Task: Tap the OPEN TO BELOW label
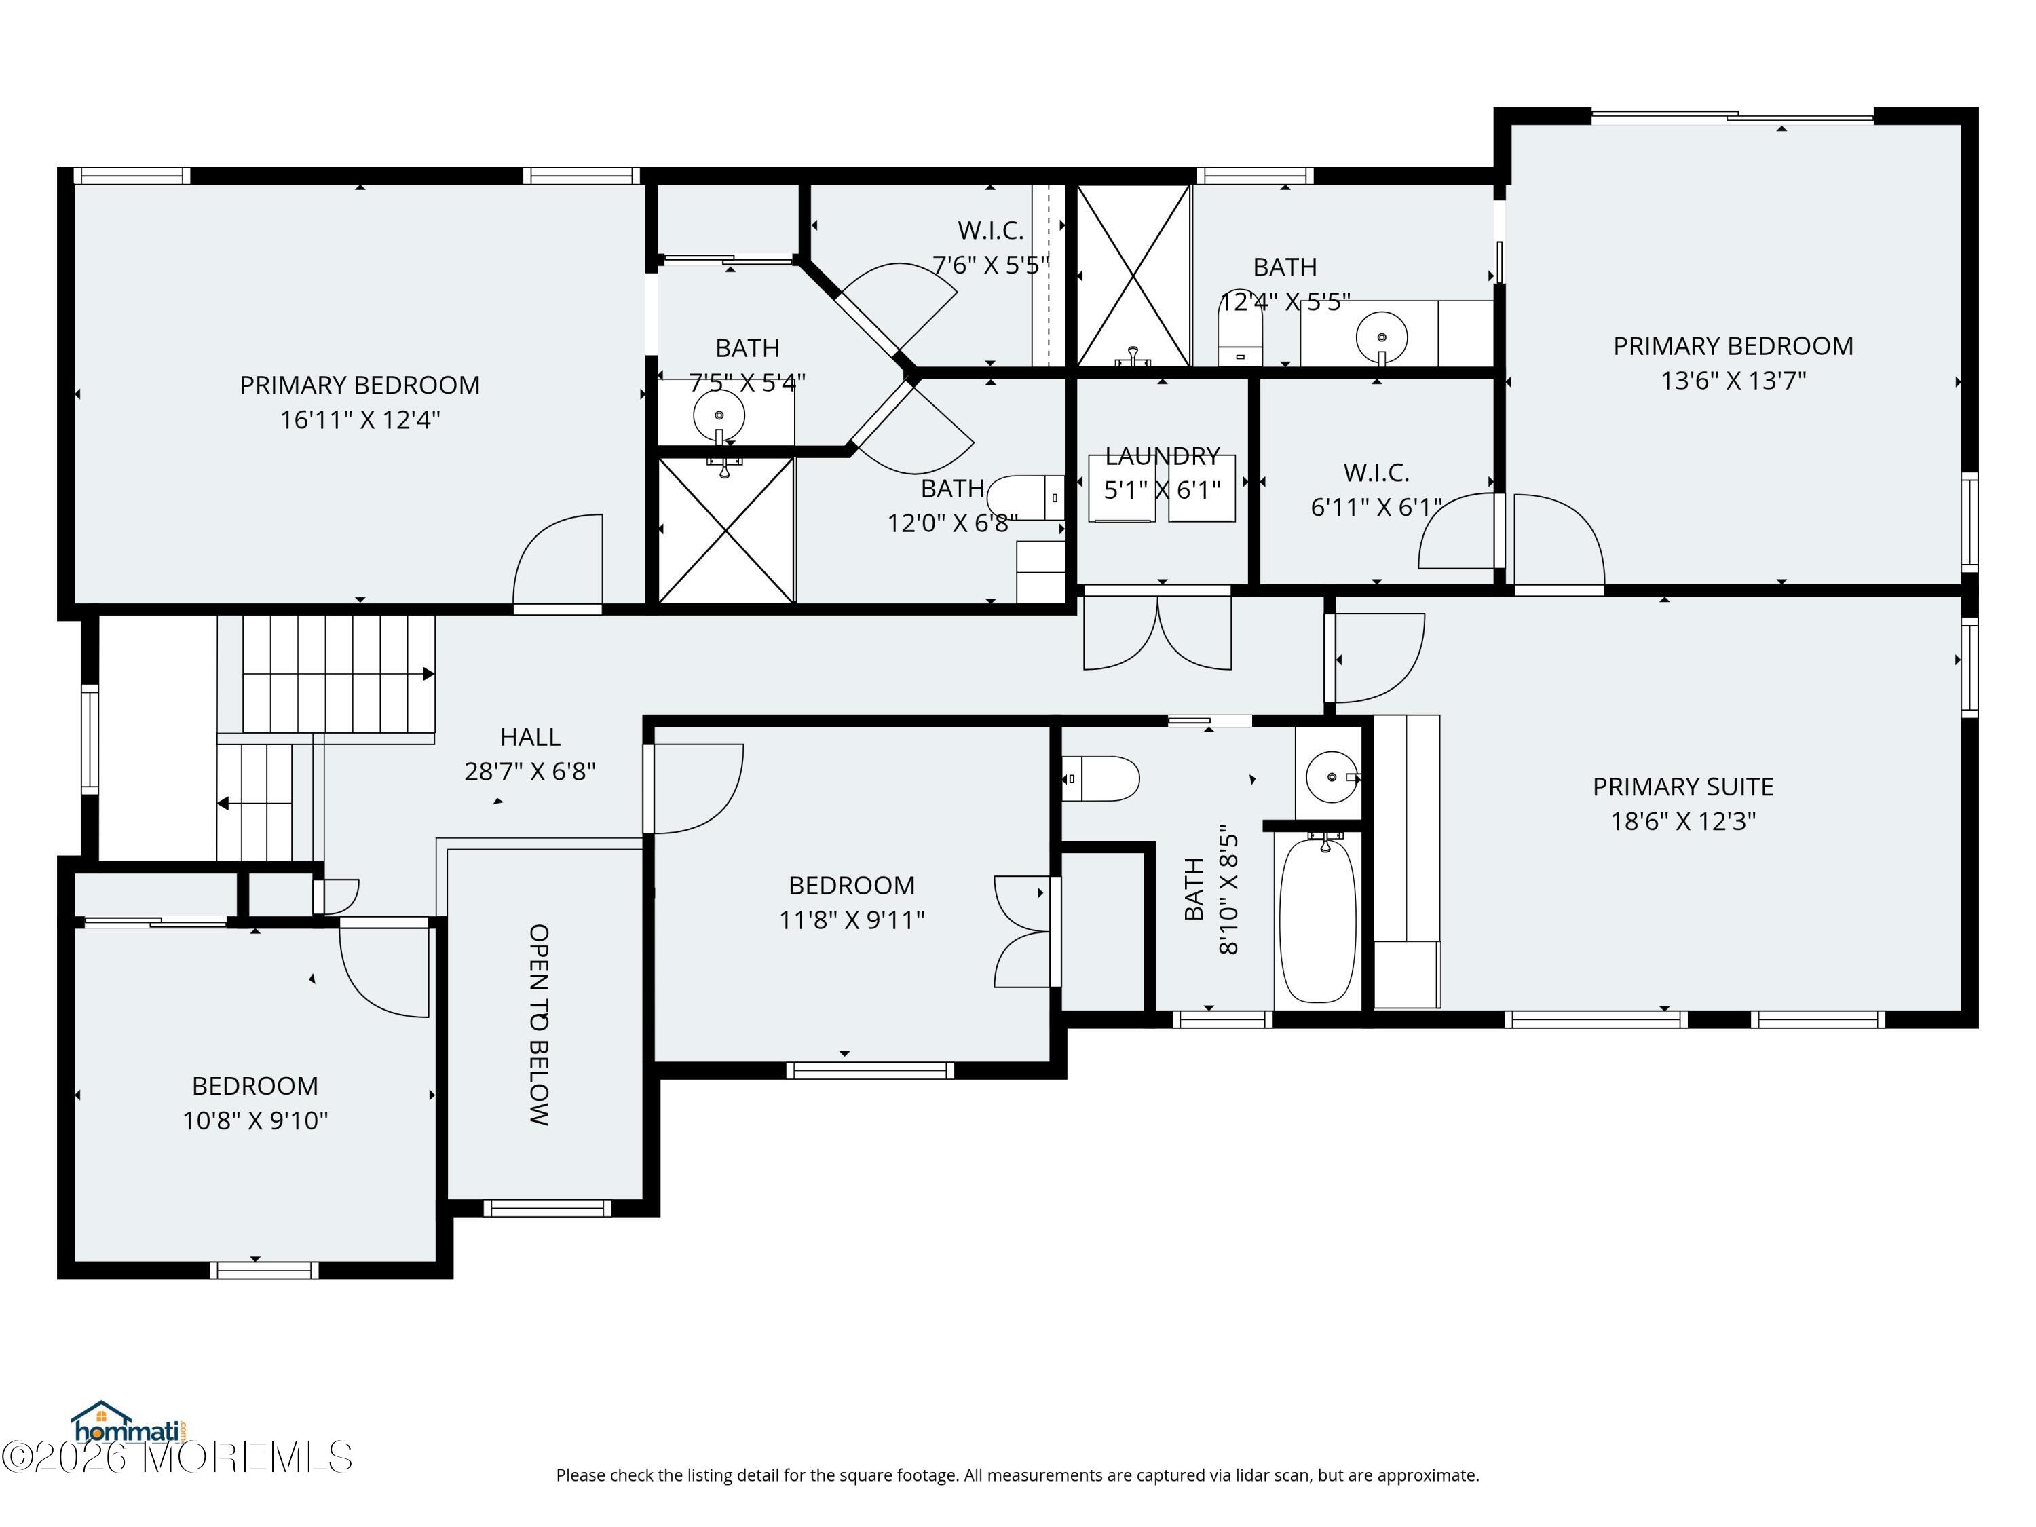[x=540, y=1024]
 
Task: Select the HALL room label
[x=530, y=736]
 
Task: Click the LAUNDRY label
[x=1163, y=455]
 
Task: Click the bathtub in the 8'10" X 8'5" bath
[x=1318, y=920]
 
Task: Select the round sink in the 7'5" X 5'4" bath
[x=719, y=415]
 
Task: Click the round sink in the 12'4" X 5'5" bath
[x=1382, y=337]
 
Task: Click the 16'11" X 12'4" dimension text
[x=360, y=419]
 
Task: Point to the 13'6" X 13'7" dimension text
[x=1733, y=380]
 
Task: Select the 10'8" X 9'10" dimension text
[x=255, y=1120]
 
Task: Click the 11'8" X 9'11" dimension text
[x=852, y=920]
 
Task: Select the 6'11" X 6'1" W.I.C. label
[x=1376, y=490]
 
